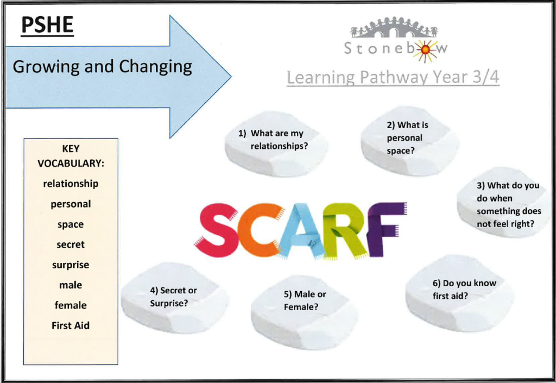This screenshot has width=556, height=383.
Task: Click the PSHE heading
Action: (x=47, y=25)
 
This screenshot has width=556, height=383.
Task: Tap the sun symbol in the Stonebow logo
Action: (x=425, y=51)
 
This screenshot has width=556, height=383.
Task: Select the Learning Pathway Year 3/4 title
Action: (x=393, y=77)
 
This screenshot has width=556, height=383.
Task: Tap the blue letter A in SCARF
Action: (x=301, y=231)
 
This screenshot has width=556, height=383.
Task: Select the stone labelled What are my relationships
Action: (x=276, y=143)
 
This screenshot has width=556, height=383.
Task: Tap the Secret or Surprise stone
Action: (x=174, y=297)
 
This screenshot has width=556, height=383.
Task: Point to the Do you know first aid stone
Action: (x=459, y=293)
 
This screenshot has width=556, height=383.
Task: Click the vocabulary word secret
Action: (x=71, y=244)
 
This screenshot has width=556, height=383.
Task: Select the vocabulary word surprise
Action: (x=71, y=265)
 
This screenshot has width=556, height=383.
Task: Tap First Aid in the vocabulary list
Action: (x=71, y=325)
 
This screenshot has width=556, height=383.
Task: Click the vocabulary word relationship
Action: (x=71, y=184)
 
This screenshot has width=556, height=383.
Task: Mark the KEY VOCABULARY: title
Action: (x=71, y=156)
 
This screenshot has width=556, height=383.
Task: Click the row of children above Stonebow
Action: (x=394, y=28)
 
